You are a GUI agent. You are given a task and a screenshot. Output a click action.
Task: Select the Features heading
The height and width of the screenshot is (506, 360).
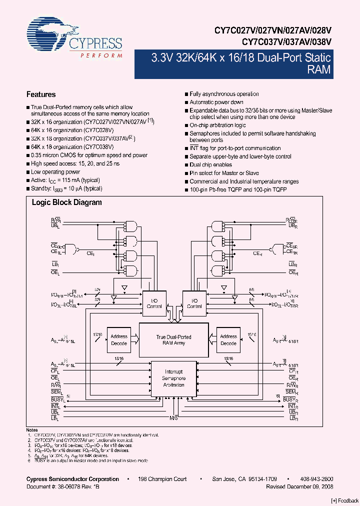[x=41, y=94]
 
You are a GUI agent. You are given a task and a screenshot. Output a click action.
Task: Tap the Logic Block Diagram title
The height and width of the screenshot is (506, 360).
[x=66, y=202]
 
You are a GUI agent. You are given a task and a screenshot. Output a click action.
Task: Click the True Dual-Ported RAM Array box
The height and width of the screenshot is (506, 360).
[x=173, y=340]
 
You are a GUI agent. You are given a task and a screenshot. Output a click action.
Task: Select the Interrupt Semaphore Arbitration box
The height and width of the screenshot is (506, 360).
[x=173, y=378]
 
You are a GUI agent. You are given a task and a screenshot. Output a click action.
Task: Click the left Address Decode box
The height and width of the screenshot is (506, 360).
[x=118, y=340]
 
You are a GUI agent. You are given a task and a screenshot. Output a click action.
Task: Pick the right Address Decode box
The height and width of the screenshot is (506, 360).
[x=228, y=340]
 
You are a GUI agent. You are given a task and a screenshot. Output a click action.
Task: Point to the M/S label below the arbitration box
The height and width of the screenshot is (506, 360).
[x=173, y=417]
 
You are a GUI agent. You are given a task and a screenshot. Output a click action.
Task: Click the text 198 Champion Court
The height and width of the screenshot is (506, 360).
[x=162, y=479]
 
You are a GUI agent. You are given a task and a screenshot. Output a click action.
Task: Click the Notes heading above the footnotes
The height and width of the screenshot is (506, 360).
[x=32, y=429]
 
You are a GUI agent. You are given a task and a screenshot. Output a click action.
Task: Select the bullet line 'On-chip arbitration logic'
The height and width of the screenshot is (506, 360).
[x=217, y=125]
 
